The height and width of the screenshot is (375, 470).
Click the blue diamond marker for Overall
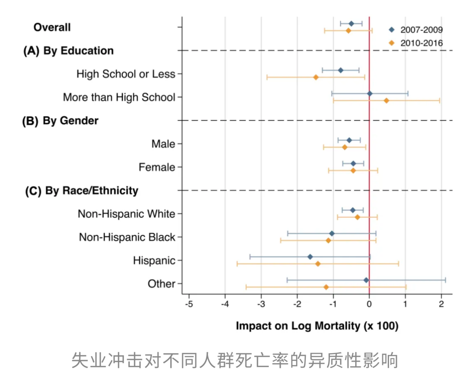[351, 24]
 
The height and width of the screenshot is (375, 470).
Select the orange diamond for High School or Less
[316, 77]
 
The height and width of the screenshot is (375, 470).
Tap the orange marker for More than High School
[386, 101]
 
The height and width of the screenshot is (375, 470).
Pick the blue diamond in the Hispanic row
[310, 257]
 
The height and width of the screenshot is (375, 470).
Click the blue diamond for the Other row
[366, 280]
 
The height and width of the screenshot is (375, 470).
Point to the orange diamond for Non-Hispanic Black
[329, 240]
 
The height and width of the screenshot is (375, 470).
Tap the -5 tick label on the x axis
[189, 303]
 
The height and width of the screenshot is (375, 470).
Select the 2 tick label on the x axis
[441, 303]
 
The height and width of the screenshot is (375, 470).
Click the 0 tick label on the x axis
[369, 303]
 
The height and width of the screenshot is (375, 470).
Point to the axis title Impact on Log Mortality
[317, 326]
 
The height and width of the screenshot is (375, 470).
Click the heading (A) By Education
[68, 51]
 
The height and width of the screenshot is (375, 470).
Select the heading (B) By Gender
[60, 121]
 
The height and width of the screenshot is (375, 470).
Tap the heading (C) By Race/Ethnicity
[81, 191]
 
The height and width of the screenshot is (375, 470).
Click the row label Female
[157, 167]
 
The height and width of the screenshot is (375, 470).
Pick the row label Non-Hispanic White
[126, 214]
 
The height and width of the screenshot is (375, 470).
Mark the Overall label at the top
[52, 27]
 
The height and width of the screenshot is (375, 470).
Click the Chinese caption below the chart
[235, 360]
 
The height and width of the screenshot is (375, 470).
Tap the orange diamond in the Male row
[345, 147]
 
